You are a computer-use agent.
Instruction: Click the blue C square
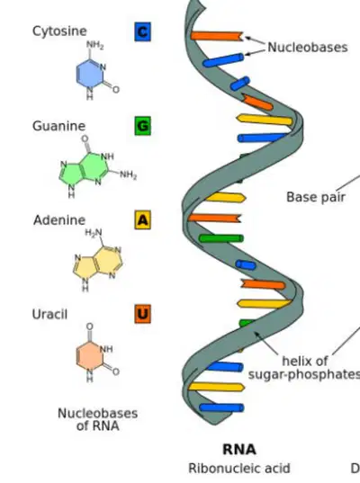(143, 31)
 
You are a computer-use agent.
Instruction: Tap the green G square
(143, 126)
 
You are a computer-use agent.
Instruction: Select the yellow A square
(143, 219)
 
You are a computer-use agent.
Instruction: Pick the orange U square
(143, 314)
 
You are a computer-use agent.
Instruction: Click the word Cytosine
(59, 31)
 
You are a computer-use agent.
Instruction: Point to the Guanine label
(58, 126)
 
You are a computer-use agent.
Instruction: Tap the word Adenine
(59, 220)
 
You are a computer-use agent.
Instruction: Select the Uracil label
(49, 314)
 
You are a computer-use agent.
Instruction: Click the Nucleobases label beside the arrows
(308, 48)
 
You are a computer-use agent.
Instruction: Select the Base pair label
(316, 197)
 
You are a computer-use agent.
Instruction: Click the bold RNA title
(239, 450)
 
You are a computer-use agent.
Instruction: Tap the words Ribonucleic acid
(239, 469)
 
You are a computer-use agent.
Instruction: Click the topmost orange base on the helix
(217, 36)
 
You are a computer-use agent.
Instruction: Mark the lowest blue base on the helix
(221, 407)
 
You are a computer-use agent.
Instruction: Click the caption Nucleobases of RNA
(98, 419)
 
